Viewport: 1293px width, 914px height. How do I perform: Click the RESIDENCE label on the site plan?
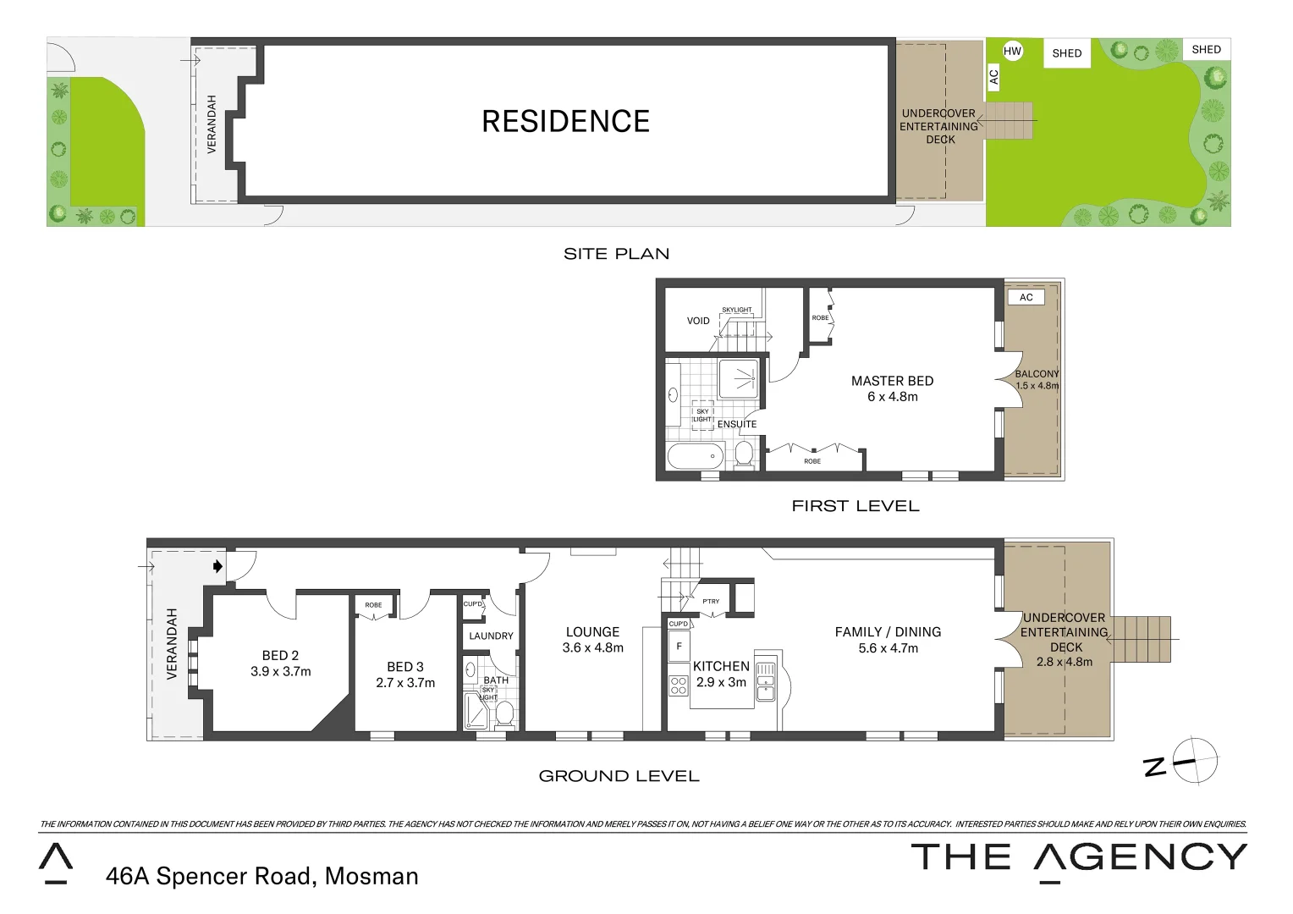[565, 122]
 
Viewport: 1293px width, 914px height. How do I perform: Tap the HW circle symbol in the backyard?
[1012, 51]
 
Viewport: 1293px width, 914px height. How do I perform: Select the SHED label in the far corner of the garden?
[1206, 49]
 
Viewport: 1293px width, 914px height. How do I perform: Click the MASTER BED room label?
[892, 381]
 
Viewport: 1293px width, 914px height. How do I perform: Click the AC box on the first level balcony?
[1026, 297]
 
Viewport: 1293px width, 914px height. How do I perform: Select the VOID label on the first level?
[698, 321]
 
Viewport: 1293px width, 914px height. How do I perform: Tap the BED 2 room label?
[280, 655]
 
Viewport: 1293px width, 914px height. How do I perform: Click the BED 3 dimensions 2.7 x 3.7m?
[405, 683]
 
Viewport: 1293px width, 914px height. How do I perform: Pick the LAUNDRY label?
[491, 636]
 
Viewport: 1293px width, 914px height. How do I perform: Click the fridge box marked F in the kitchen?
[679, 647]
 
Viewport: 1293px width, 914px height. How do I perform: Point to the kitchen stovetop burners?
[679, 685]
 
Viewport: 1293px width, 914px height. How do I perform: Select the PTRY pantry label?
[711, 602]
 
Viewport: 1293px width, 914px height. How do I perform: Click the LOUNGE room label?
[592, 632]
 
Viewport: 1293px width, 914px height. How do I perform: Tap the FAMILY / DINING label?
[888, 632]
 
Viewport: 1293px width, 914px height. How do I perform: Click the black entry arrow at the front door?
[217, 566]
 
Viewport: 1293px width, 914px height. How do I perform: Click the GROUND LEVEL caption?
[619, 776]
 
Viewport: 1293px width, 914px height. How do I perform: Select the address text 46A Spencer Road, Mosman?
[261, 876]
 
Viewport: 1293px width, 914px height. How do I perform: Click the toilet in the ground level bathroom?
[504, 713]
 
